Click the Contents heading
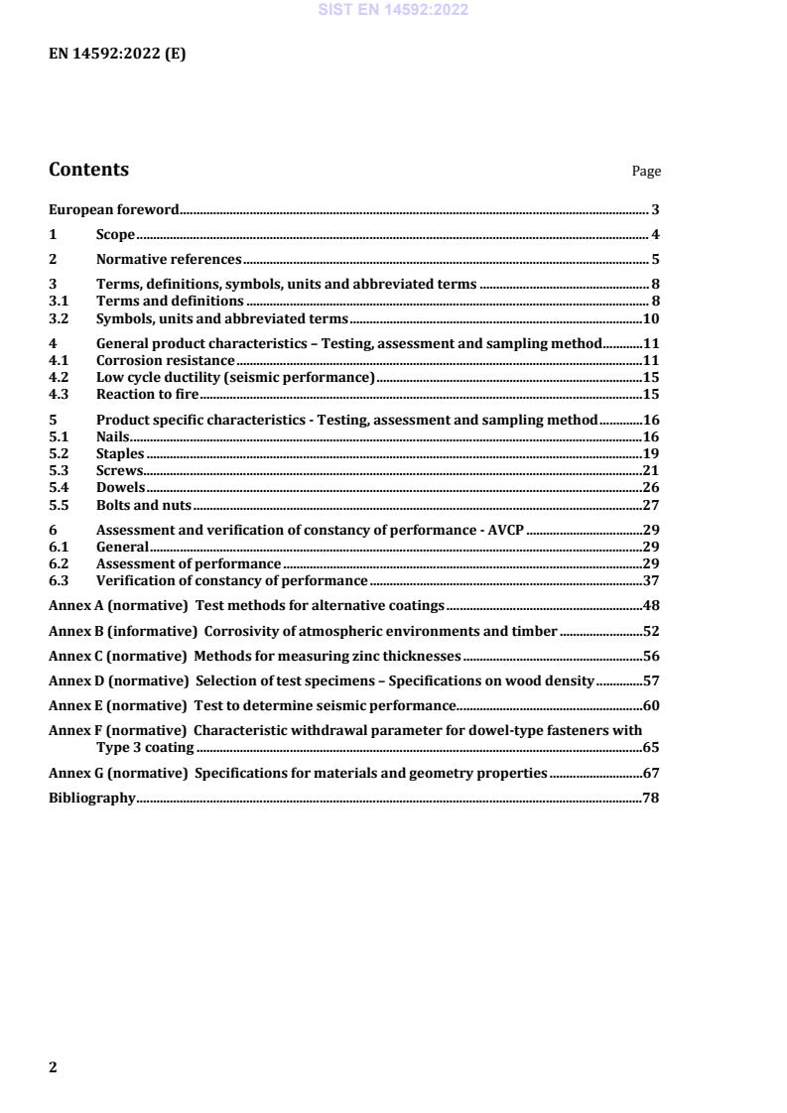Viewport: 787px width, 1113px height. click(88, 170)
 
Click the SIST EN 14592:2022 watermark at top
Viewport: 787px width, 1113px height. click(393, 11)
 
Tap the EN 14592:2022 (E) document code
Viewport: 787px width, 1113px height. click(117, 55)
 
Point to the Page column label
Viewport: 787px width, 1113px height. click(646, 172)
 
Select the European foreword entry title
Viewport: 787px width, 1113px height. click(114, 210)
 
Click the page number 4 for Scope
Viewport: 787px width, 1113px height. click(655, 235)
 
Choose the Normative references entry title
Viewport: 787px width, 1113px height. click(169, 260)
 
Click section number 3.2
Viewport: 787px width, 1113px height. click(59, 319)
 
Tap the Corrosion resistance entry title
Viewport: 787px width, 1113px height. click(165, 361)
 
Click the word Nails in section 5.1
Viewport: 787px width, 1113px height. click(113, 436)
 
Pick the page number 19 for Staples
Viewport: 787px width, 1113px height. click(652, 454)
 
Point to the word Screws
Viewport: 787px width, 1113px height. click(119, 471)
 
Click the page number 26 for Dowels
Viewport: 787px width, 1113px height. click(652, 488)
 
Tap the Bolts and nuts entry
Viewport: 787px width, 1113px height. click(144, 505)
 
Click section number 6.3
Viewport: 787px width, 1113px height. click(59, 580)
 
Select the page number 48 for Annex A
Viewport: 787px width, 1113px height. click(652, 605)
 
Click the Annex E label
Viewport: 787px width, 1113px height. click(75, 706)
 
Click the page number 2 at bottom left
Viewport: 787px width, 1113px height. click(54, 1067)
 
